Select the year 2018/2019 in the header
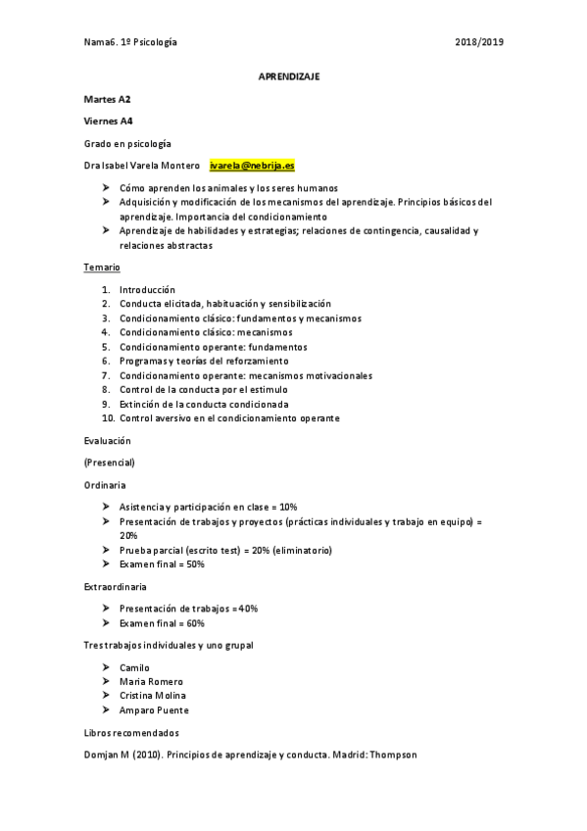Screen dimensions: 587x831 click(480, 43)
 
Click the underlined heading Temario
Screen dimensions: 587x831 click(101, 268)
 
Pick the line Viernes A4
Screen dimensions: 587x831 click(109, 122)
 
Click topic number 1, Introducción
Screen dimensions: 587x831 click(147, 290)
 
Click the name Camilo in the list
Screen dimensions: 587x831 click(134, 667)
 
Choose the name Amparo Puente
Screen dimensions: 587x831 click(154, 710)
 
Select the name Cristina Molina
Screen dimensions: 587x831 click(153, 696)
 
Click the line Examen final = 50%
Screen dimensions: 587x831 click(162, 564)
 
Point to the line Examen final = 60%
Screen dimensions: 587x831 click(162, 623)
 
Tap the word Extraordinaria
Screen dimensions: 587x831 click(116, 587)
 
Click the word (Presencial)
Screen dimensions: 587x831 click(110, 463)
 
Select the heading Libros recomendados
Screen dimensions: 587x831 click(130, 733)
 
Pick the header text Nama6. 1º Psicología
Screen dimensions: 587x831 click(131, 43)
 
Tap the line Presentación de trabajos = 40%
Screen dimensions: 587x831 click(188, 609)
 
